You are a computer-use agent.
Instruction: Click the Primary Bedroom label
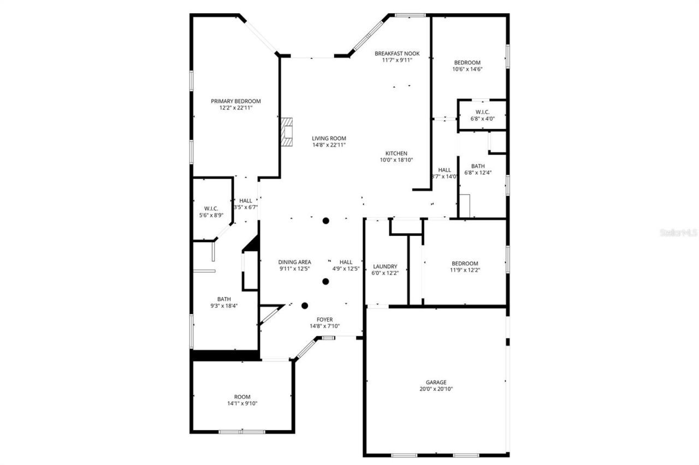[x=236, y=101]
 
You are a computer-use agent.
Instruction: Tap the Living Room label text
[x=329, y=138]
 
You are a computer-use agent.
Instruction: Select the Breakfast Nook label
[x=397, y=53]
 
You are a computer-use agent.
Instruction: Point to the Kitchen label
[x=396, y=153]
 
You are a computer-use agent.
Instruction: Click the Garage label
[x=436, y=382]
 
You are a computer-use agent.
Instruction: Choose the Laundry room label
[x=385, y=266]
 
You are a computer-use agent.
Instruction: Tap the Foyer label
[x=324, y=319]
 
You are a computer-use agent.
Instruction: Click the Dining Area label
[x=294, y=262]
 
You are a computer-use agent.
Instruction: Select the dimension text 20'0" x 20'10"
[x=436, y=389]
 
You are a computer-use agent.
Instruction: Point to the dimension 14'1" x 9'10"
[x=242, y=404]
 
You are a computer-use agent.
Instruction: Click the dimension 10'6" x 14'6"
[x=467, y=69]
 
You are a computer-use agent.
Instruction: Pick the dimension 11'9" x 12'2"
[x=465, y=270]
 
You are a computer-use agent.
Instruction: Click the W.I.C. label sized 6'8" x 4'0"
[x=482, y=112]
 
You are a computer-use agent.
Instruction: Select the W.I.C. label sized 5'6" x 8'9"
[x=211, y=208]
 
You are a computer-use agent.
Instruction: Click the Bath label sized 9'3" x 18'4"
[x=224, y=299]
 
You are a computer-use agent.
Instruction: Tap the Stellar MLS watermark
[x=679, y=233]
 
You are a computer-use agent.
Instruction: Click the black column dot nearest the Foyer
[x=305, y=306]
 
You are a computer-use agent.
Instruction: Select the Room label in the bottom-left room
[x=242, y=397]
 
